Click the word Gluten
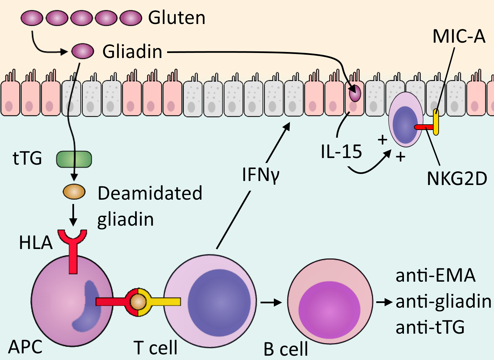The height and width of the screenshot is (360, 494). [x=177, y=18]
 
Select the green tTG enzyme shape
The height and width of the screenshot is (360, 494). [x=74, y=159]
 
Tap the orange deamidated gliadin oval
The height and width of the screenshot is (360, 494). [x=74, y=192]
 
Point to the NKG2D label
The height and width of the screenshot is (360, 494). [x=457, y=179]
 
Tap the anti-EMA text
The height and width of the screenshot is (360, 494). [x=436, y=275]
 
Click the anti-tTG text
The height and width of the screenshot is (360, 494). [x=430, y=327]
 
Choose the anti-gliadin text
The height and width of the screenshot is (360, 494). [x=443, y=302]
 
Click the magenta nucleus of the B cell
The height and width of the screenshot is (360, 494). [x=329, y=310]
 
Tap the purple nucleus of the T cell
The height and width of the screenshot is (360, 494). [x=219, y=302]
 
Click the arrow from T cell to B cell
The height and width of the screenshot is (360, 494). [x=271, y=302]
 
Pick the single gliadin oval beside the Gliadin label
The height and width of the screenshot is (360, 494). [x=83, y=51]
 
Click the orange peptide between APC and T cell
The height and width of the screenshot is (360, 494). [x=138, y=302]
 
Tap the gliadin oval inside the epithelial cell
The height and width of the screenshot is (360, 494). [x=355, y=94]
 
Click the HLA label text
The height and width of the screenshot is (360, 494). [x=36, y=243]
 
